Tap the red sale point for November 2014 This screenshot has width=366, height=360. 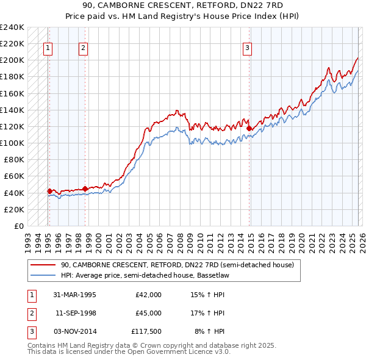pyautogui.click(x=249, y=129)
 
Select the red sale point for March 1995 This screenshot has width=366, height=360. pyautogui.click(x=49, y=191)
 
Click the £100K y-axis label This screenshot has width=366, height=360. pyautogui.click(x=12, y=143)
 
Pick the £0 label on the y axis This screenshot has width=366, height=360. pyautogui.click(x=18, y=226)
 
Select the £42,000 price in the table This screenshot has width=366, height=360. pyautogui.click(x=148, y=294)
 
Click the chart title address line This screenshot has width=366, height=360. pyautogui.click(x=183, y=6)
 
